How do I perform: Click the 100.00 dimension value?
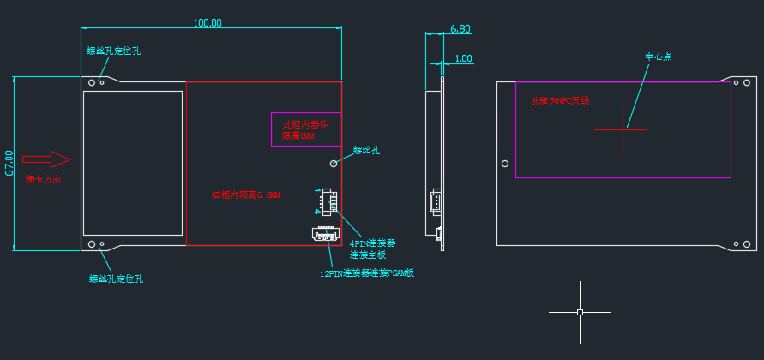(208, 23)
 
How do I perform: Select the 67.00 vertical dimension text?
(9, 163)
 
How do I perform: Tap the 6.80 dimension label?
(460, 29)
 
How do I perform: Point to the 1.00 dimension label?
(463, 58)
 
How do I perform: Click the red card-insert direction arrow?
(46, 159)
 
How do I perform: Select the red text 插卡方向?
(43, 179)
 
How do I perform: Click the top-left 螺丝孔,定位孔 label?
(113, 51)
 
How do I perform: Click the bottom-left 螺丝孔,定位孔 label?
(116, 278)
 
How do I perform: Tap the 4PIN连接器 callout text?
(373, 243)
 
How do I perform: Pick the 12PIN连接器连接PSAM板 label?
(367, 273)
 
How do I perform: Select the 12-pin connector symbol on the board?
(325, 233)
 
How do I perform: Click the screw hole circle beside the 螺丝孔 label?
(334, 162)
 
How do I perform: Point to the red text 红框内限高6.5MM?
(246, 195)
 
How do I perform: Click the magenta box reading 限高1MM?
(305, 129)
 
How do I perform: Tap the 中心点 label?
(658, 57)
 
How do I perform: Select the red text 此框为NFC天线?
(559, 101)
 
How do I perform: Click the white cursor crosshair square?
(580, 312)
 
